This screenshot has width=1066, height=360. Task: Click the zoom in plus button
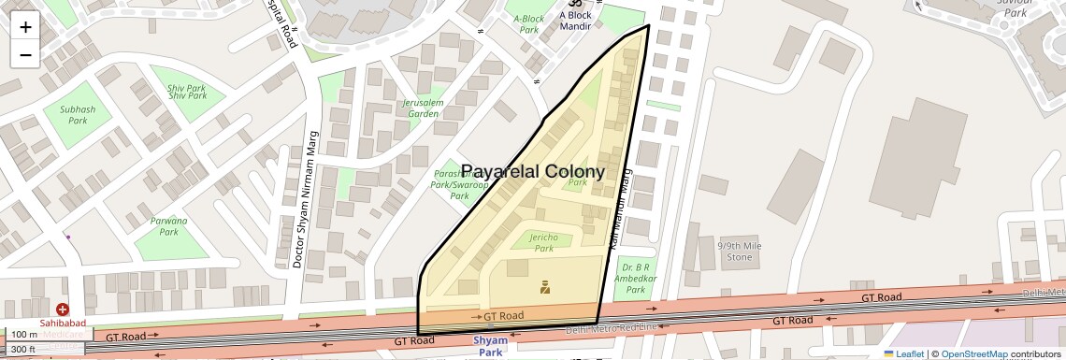coord(25,27)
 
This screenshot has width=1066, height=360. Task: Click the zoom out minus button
coord(25,54)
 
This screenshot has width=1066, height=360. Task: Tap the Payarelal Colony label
coord(532,172)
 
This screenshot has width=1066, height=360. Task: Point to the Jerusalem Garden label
coord(424,108)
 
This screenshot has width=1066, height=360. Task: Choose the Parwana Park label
coord(168,225)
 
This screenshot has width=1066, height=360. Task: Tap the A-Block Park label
coord(529,23)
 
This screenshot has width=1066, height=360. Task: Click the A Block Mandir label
coord(575,20)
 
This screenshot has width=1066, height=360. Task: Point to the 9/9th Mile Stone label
coord(734,251)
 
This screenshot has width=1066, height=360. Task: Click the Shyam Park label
coord(491,346)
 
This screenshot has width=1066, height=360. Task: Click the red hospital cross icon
coord(63,309)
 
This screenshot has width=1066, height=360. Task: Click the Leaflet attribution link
coord(907,353)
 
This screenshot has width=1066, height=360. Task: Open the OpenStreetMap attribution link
coord(973,353)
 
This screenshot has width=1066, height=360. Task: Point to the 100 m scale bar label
coord(24,335)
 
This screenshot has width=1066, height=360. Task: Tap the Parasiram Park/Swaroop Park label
coord(459,185)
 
